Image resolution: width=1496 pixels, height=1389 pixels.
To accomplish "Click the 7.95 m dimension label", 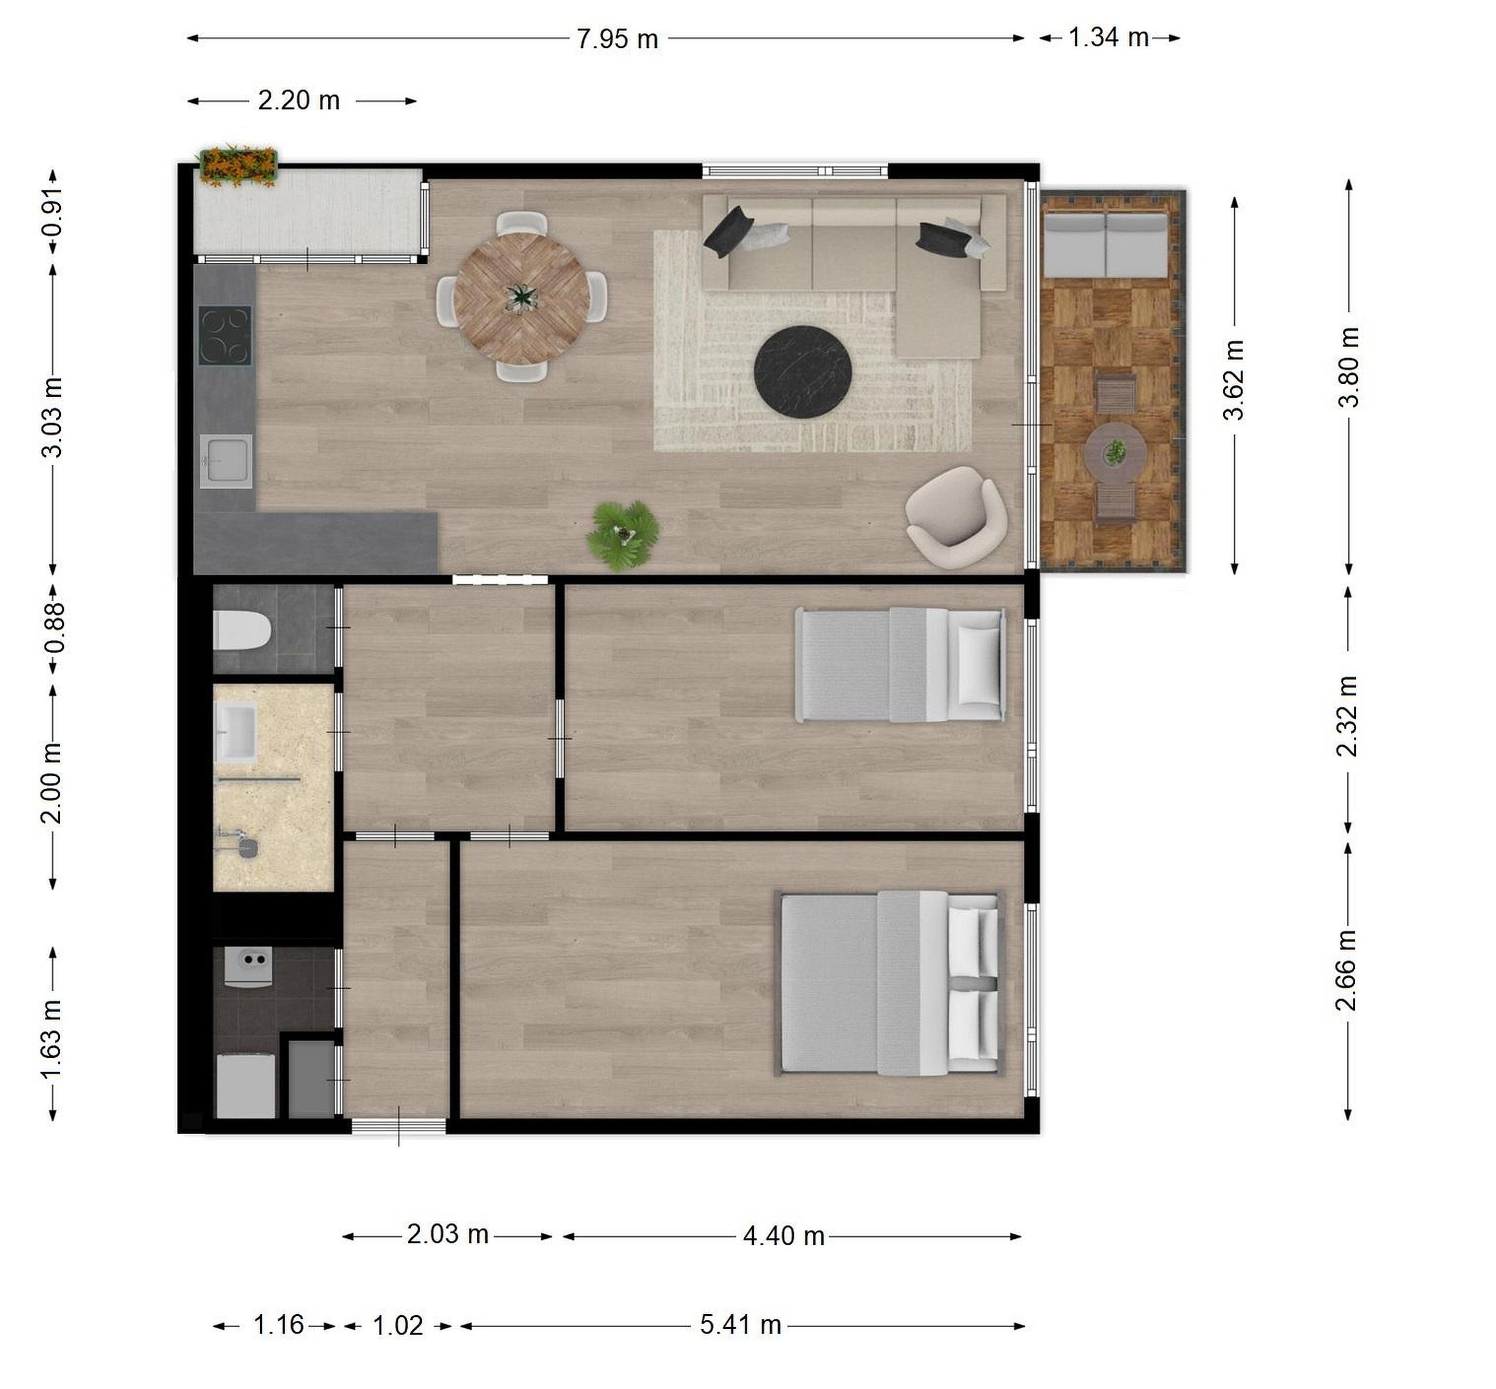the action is pyautogui.click(x=617, y=38).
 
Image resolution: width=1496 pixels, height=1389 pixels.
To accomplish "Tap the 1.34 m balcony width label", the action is pyautogui.click(x=1109, y=37).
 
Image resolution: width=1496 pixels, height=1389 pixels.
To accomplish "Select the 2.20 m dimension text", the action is pyautogui.click(x=299, y=100).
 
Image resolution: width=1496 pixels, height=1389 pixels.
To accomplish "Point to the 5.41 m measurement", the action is pyautogui.click(x=741, y=1325).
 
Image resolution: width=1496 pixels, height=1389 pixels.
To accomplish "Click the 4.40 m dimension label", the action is pyautogui.click(x=783, y=1236).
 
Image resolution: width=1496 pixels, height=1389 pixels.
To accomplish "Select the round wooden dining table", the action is pyautogui.click(x=521, y=298).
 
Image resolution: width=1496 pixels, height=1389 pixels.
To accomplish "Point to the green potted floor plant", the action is pyautogui.click(x=622, y=534).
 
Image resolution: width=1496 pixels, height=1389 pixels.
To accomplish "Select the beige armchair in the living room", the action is pyautogui.click(x=955, y=516).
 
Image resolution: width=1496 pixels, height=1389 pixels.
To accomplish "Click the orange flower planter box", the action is pyautogui.click(x=237, y=165).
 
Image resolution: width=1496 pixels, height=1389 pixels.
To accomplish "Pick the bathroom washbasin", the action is pyautogui.click(x=235, y=732).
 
